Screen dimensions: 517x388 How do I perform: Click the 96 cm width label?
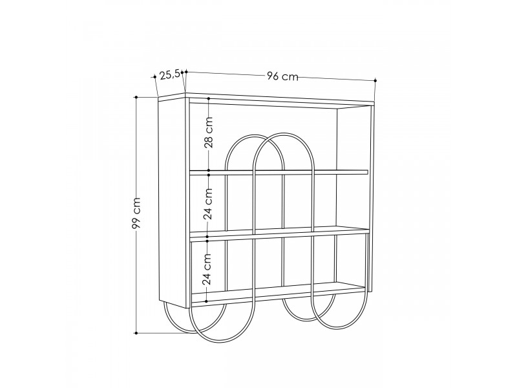[x=282, y=76]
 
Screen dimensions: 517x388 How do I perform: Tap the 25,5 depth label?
[x=170, y=75]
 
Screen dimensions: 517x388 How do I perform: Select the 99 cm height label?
[x=136, y=213]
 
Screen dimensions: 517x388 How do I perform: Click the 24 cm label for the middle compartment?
[x=207, y=204]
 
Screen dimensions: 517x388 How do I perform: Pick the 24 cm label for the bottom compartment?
[x=207, y=269]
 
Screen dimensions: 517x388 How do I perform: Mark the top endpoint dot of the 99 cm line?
[x=136, y=98]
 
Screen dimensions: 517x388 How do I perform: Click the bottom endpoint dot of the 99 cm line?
[x=136, y=333]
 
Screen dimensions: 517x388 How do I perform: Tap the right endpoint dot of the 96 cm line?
[x=375, y=80]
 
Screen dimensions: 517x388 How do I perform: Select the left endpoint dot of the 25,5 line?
[x=154, y=77]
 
